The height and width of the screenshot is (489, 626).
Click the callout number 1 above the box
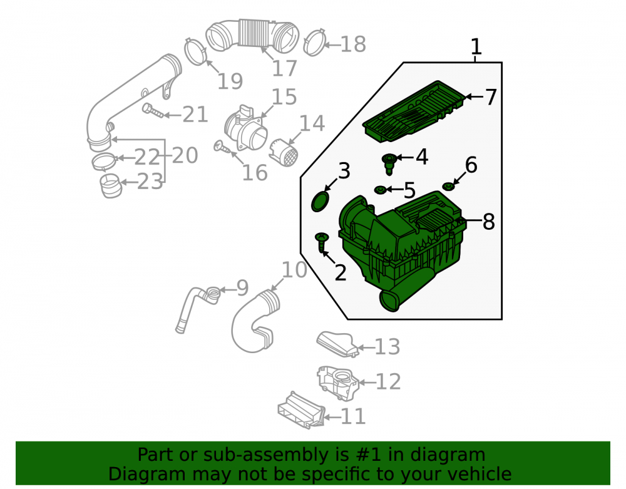(x=476, y=47)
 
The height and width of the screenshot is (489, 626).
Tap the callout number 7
(x=491, y=97)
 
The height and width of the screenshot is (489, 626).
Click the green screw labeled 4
(x=389, y=163)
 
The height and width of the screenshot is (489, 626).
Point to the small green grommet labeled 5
(x=380, y=190)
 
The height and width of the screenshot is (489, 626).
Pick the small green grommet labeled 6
(x=449, y=186)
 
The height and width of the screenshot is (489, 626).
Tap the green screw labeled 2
(x=322, y=242)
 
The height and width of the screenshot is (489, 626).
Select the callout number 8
(x=489, y=222)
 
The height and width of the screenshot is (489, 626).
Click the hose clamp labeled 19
(x=195, y=51)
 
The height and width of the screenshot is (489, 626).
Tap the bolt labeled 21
(x=153, y=111)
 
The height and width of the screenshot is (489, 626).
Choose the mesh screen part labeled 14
(x=284, y=153)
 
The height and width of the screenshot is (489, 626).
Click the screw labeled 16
(x=222, y=147)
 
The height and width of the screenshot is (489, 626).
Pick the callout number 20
(x=185, y=155)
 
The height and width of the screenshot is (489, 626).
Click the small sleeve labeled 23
(x=110, y=186)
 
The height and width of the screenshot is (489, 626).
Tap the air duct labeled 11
(x=301, y=410)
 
